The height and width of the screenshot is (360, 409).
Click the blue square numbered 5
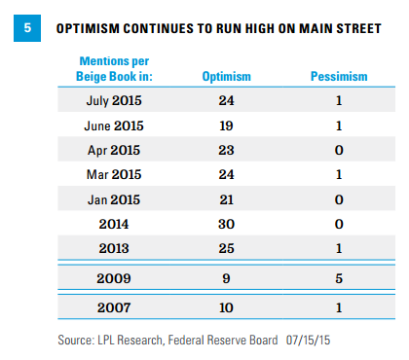(x=27, y=28)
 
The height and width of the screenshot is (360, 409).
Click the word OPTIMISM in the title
(x=88, y=28)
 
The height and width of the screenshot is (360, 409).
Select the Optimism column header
(x=227, y=77)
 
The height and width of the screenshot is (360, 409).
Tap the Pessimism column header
(x=339, y=77)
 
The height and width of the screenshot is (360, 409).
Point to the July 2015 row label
(x=114, y=100)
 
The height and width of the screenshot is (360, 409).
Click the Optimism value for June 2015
(x=226, y=126)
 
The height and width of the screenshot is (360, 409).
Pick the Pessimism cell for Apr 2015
(x=339, y=150)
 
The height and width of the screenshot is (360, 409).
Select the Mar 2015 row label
(x=114, y=174)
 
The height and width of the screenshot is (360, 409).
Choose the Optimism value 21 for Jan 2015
(x=226, y=199)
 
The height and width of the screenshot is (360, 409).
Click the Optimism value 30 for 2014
(x=226, y=224)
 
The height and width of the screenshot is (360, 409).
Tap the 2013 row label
(x=114, y=248)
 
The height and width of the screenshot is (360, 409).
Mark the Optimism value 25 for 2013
(x=226, y=248)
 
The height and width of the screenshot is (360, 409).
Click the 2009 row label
(x=114, y=278)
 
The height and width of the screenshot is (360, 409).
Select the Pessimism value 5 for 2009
(x=339, y=278)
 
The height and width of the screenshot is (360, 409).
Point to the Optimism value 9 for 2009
(x=226, y=278)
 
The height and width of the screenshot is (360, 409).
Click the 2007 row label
(x=114, y=307)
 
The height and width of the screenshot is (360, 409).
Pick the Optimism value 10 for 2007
(x=226, y=307)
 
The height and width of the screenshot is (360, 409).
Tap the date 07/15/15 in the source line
(x=308, y=341)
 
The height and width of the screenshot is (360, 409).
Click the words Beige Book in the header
(x=106, y=77)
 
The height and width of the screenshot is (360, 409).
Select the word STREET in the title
(x=358, y=28)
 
